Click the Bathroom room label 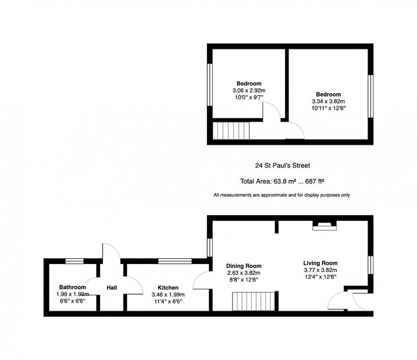click(x=72, y=287)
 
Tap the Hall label click(x=112, y=288)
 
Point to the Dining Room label click(x=244, y=266)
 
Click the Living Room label click(x=320, y=263)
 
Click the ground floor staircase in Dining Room click(x=253, y=301)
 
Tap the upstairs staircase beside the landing click(x=231, y=131)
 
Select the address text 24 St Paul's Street click(x=282, y=165)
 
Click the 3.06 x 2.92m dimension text click(x=249, y=90)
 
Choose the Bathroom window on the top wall click(x=74, y=261)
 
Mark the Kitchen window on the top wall click(x=175, y=261)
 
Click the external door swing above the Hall click(x=111, y=250)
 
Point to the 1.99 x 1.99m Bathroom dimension click(x=72, y=294)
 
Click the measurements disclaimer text click(x=282, y=195)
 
